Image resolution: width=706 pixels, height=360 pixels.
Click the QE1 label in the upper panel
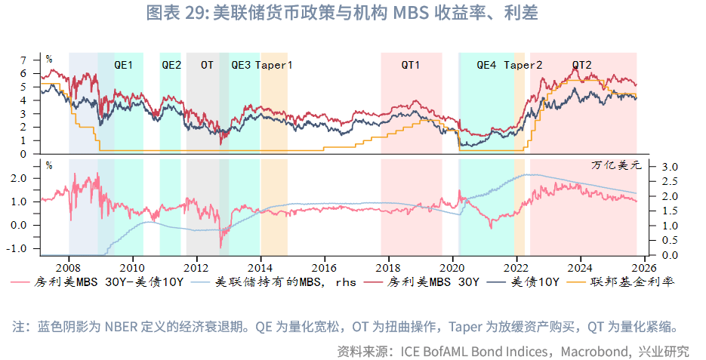coord(123,65)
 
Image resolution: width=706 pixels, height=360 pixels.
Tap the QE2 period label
coord(171,65)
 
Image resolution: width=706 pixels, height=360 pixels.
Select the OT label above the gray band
coord(207,65)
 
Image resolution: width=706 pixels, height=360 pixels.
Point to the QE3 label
coord(241,65)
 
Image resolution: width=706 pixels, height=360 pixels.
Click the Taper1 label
coord(274,65)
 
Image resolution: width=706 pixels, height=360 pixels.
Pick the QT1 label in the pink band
coord(411,65)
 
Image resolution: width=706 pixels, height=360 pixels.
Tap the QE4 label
coord(486,65)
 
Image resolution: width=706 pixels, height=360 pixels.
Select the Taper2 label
coord(523,65)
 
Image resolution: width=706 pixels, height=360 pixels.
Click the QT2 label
coord(581,65)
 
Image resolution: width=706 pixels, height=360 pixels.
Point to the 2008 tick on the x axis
coord(69,266)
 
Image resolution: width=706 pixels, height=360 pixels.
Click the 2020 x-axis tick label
coord(452,266)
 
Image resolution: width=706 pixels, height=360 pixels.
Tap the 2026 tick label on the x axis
coord(644,266)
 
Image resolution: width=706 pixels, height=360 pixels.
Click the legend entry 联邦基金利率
coord(642,283)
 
